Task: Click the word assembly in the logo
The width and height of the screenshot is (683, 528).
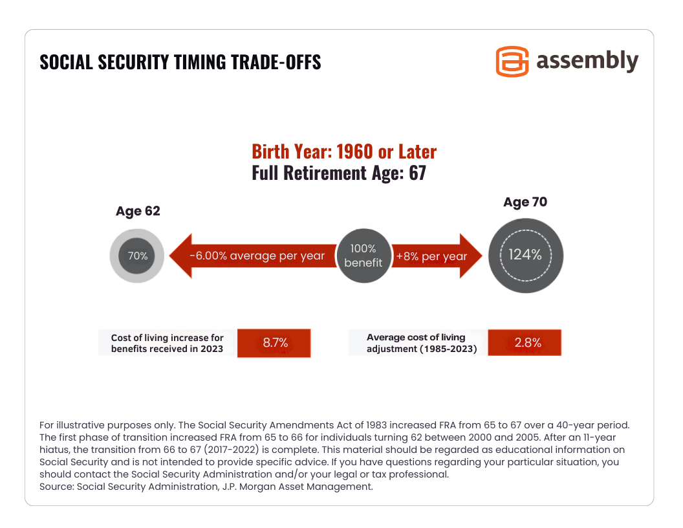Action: point(587,61)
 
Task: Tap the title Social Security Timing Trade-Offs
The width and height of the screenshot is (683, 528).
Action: point(180,62)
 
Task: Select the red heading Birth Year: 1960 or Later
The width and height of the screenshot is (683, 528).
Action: point(344,152)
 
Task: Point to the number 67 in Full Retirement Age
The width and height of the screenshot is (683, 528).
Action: point(417,173)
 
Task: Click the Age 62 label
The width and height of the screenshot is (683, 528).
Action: point(138,211)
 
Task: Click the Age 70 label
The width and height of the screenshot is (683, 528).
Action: point(525,202)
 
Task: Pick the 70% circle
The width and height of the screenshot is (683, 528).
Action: point(138,256)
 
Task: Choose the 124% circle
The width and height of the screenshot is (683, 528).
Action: point(525,254)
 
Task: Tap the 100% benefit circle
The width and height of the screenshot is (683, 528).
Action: point(363,255)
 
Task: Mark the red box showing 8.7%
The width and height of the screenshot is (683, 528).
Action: point(275,343)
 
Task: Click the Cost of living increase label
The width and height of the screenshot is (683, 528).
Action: point(168,343)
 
